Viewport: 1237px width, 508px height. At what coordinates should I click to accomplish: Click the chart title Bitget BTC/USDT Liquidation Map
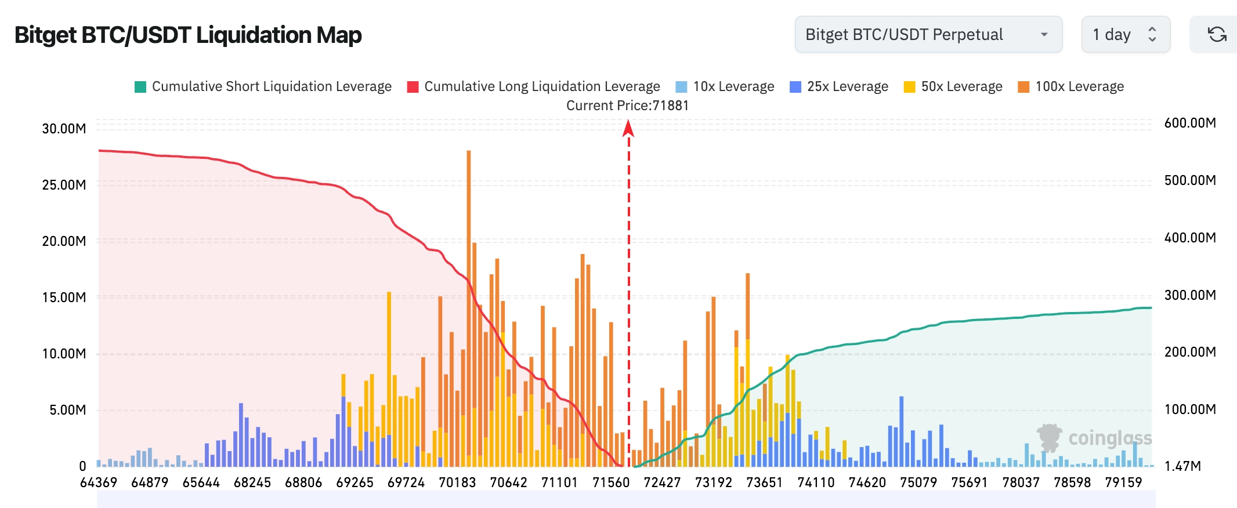(188, 35)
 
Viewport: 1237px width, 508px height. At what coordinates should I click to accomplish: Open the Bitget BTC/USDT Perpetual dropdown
(928, 35)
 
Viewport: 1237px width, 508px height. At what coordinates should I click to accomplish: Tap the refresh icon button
(1217, 35)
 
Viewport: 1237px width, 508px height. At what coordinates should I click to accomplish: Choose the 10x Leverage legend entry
(725, 86)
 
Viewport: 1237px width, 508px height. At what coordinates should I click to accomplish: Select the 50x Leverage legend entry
(953, 86)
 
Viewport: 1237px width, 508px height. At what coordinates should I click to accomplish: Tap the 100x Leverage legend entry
(1070, 86)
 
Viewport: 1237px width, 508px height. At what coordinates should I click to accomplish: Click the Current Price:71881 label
(627, 106)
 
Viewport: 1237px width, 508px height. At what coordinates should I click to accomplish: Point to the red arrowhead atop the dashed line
(628, 128)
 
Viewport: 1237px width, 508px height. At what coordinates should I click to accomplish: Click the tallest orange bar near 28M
(469, 232)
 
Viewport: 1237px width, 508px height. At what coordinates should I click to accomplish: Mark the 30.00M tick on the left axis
(64, 129)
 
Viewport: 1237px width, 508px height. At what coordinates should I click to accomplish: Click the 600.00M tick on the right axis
(1190, 123)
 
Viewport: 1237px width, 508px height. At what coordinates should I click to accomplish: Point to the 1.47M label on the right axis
(1182, 466)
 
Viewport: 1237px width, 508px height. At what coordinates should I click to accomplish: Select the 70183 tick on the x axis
(457, 482)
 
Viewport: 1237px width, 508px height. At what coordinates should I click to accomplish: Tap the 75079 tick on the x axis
(918, 482)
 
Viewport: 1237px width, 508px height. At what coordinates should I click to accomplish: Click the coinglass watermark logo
(1094, 438)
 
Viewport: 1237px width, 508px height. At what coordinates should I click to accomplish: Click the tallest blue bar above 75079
(901, 432)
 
